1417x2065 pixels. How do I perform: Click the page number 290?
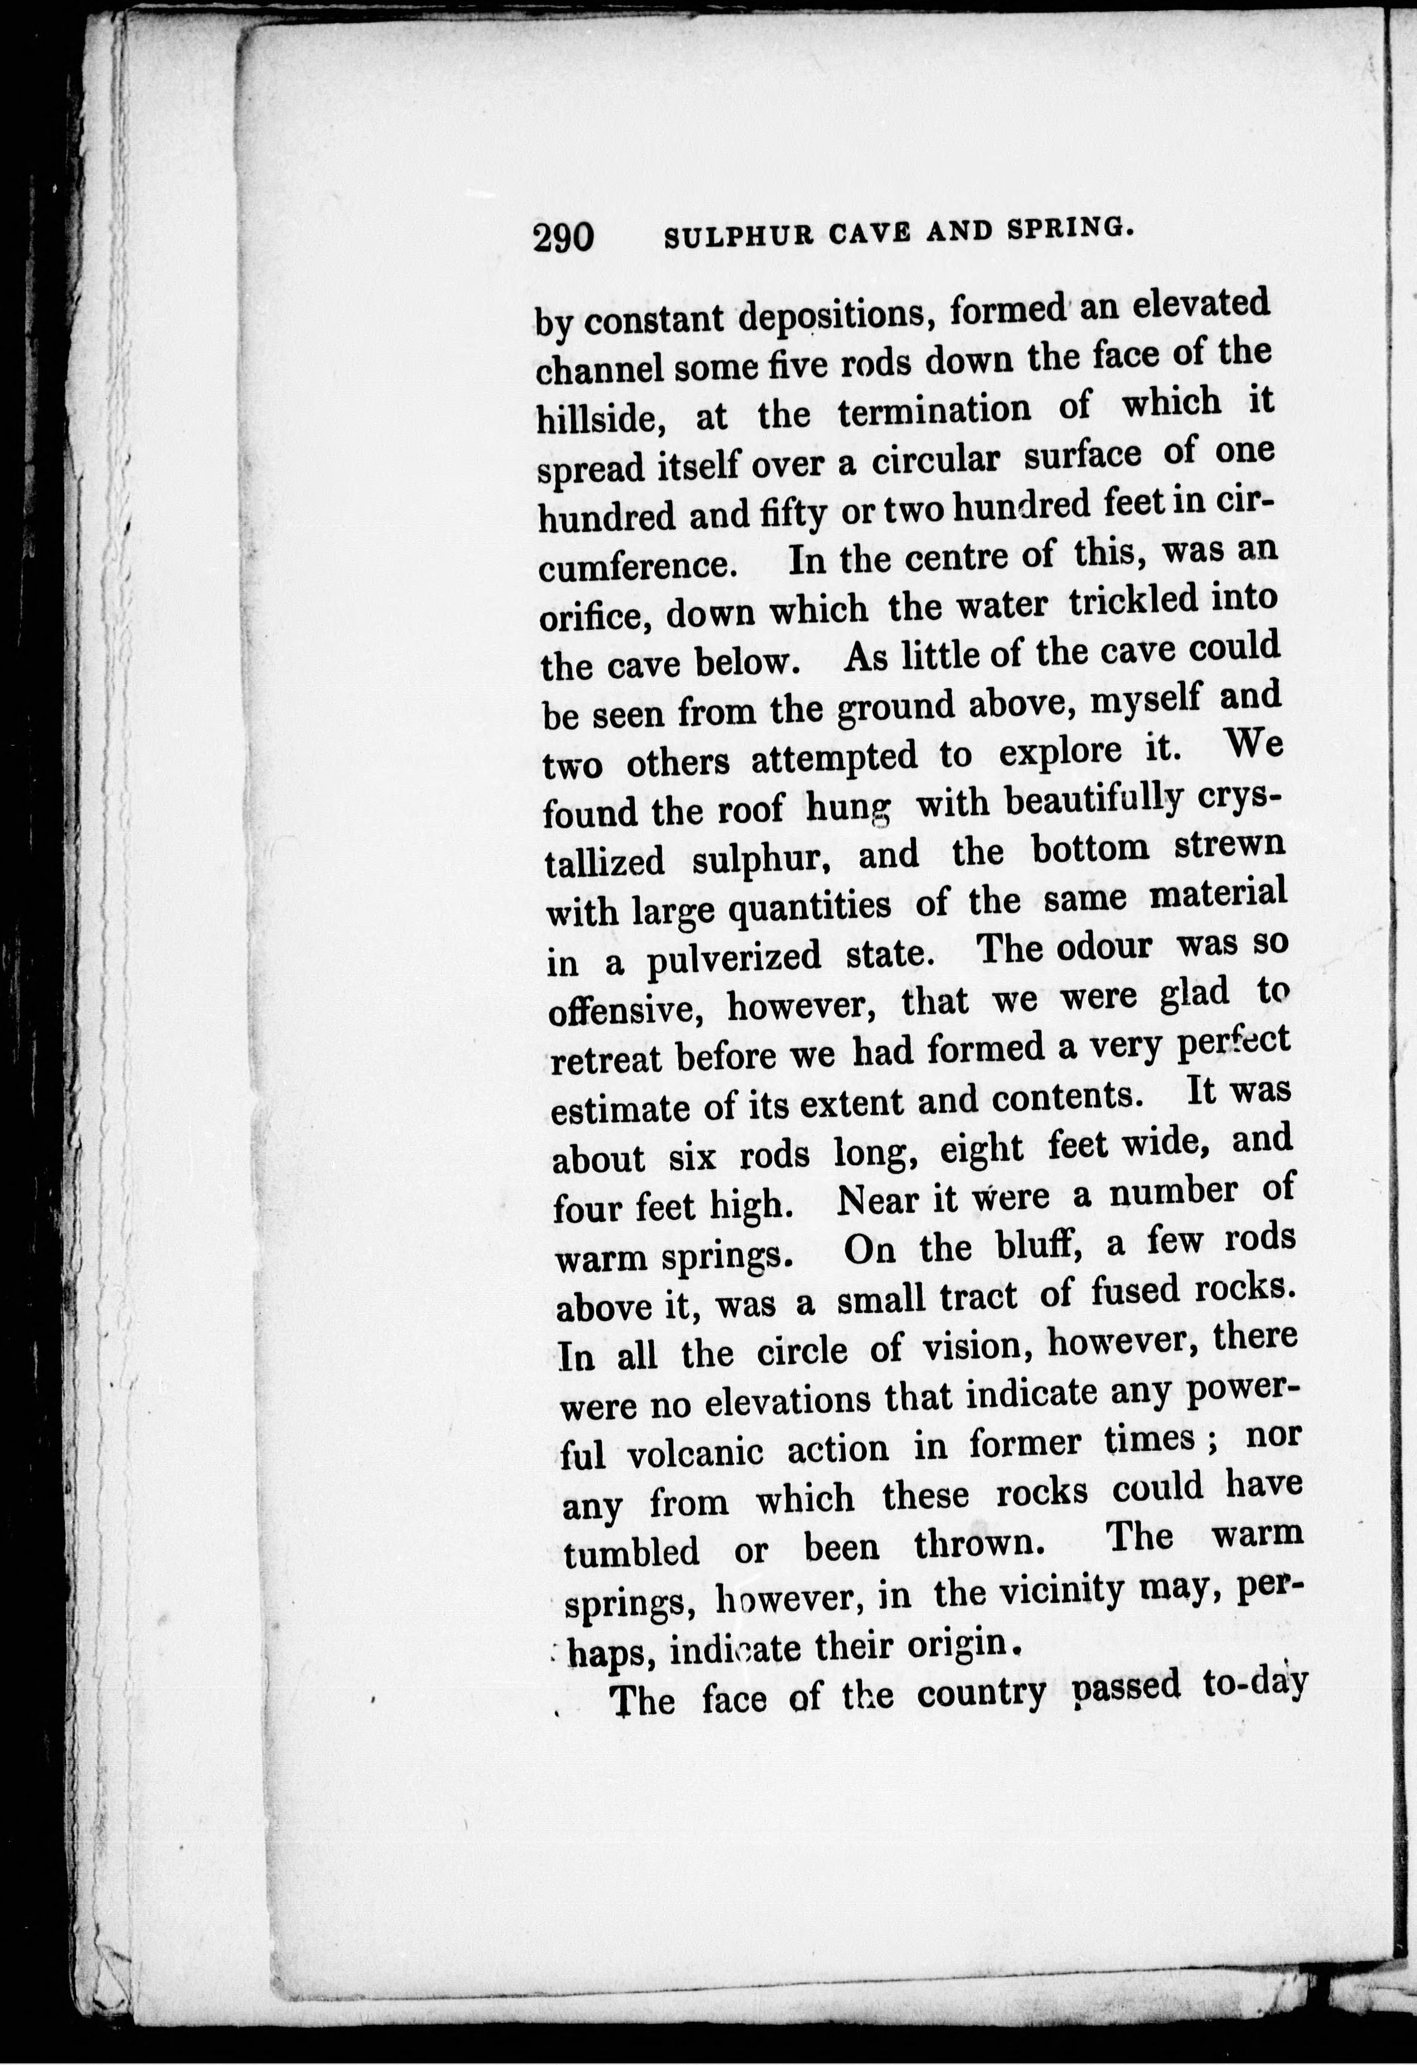pyautogui.click(x=563, y=238)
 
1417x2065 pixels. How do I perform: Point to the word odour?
pyautogui.click(x=1104, y=947)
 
